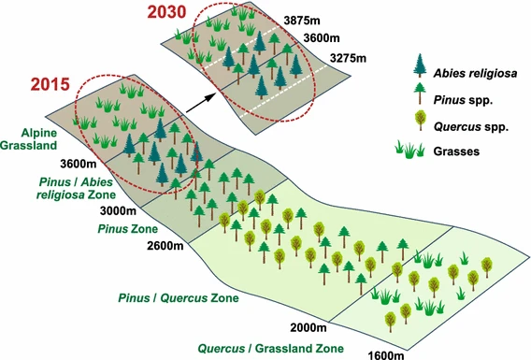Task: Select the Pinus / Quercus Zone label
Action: [178, 298]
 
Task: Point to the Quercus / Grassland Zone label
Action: [270, 347]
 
